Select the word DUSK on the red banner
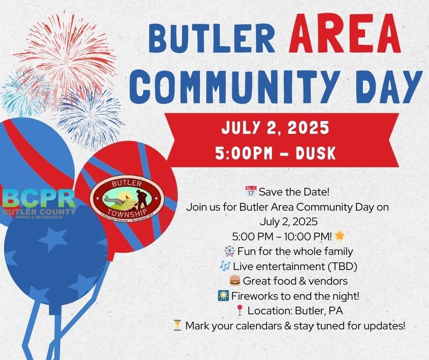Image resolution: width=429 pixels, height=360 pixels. pos(315,153)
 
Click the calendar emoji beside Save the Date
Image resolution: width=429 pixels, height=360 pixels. pos(251,191)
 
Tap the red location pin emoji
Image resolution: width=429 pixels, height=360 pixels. pos(240,311)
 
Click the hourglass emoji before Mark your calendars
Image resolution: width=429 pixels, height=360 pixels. pos(178,325)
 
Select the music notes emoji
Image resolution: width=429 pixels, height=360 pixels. pos(225,266)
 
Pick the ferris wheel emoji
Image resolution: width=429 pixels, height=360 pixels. pos(230,251)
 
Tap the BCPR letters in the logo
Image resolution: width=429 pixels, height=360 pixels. pos(38,198)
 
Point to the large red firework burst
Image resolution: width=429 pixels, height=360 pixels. pos(66,55)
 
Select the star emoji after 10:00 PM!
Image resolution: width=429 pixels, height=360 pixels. pos(340,236)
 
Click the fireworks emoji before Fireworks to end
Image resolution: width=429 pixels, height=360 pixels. pos(223,296)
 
